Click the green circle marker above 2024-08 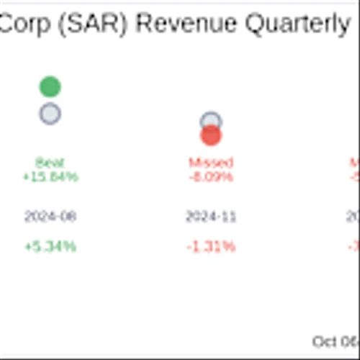(x=50, y=87)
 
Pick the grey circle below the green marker (x=50, y=114)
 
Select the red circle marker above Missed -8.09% (x=211, y=135)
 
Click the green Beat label (x=50, y=163)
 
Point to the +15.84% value (x=50, y=176)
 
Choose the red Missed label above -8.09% (x=211, y=163)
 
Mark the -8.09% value (x=211, y=176)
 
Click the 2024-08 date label (x=50, y=216)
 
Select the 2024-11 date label (x=211, y=216)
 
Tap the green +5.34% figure (x=50, y=246)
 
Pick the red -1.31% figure (x=211, y=246)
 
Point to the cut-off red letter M (x=355, y=163)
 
